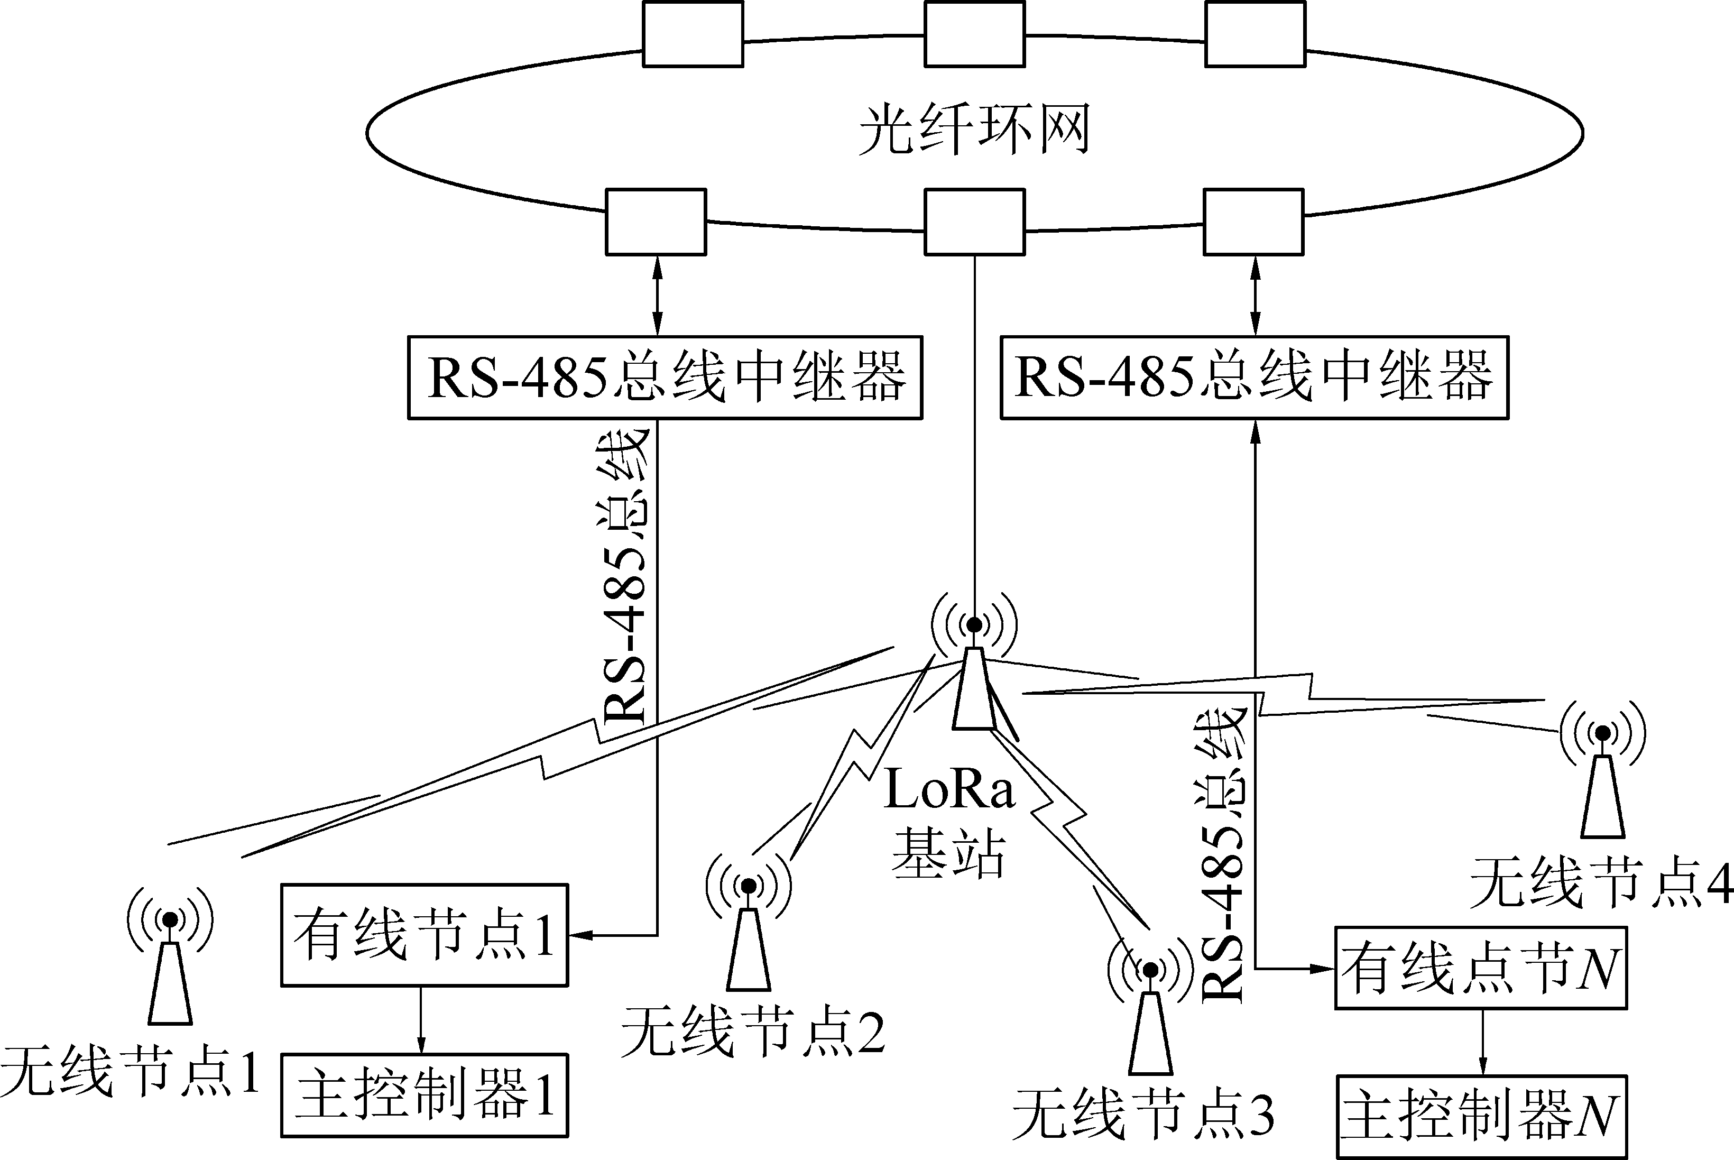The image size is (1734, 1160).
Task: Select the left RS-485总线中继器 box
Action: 665,378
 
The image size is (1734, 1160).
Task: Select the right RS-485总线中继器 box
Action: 1254,378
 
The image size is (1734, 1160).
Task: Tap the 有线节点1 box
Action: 424,935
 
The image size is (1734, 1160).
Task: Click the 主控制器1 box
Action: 424,1095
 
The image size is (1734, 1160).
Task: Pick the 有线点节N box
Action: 1481,968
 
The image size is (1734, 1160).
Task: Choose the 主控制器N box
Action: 1481,1117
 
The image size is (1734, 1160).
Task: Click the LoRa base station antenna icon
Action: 974,673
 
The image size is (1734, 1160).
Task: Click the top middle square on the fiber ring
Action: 975,34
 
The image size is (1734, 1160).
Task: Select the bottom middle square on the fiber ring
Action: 975,222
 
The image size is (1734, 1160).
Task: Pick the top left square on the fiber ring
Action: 693,34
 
